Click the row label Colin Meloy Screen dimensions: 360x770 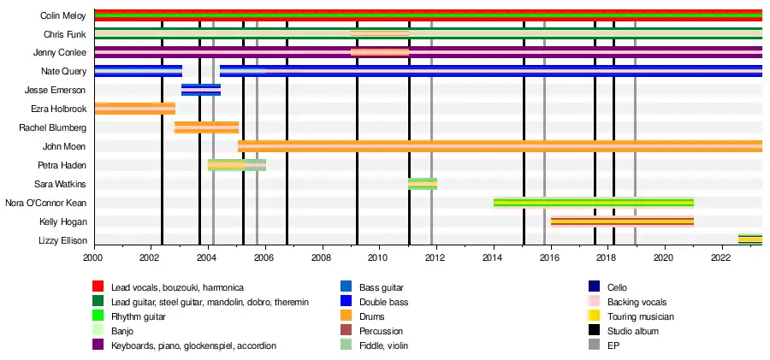(62, 15)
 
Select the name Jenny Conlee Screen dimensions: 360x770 (60, 53)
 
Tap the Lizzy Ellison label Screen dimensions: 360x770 (62, 240)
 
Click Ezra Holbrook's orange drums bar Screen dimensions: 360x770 (134, 108)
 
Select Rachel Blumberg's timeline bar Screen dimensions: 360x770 (206, 127)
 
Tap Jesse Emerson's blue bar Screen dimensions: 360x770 (201, 90)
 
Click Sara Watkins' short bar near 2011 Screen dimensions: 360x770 (423, 184)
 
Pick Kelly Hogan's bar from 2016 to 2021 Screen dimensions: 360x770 (622, 221)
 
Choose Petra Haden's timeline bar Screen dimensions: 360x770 (237, 165)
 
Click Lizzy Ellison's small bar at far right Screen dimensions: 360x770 (750, 239)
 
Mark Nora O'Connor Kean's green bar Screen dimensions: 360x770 (593, 203)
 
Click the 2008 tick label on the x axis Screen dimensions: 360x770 (322, 256)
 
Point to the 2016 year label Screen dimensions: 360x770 (550, 256)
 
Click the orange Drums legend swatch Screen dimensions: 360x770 (346, 316)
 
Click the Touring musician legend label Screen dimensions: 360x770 (643, 316)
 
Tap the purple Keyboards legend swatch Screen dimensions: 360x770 (98, 345)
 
